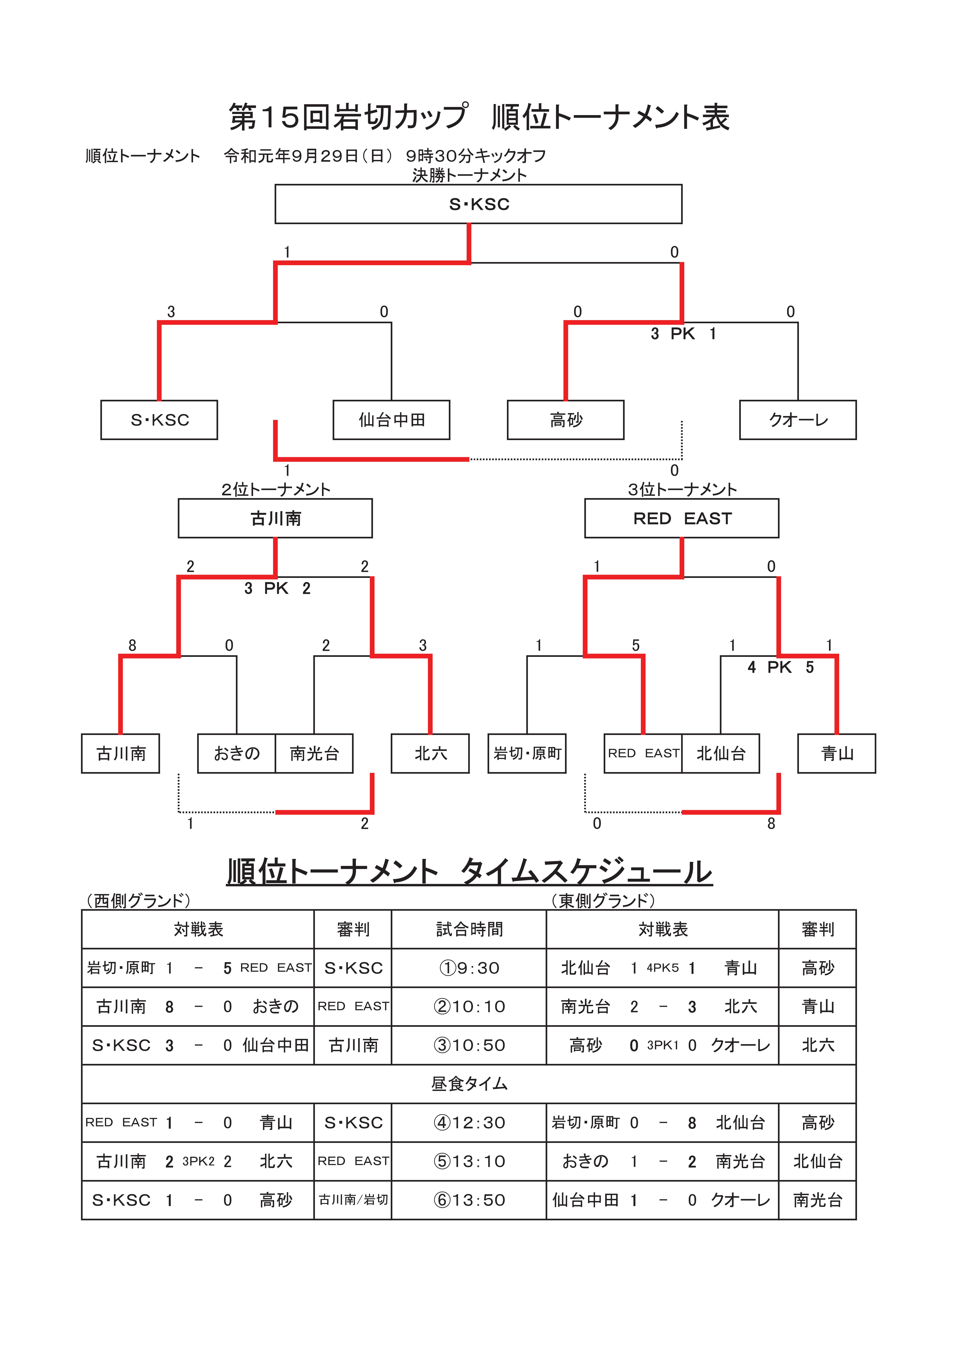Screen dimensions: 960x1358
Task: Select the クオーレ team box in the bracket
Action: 798,420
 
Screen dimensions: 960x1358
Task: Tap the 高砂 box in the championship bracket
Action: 566,420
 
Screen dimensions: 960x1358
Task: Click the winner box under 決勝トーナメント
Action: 478,204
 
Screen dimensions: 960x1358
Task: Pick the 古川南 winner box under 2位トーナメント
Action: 275,518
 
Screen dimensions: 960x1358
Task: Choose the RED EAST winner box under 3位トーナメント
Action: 682,518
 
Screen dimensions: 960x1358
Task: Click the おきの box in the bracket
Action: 237,754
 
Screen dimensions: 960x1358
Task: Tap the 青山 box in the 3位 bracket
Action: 837,754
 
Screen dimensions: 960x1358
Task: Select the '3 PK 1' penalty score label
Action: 684,334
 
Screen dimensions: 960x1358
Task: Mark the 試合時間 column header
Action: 469,929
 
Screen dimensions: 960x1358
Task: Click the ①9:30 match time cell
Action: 469,968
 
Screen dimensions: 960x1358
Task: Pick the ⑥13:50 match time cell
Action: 469,1200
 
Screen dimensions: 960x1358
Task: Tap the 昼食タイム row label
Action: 469,1084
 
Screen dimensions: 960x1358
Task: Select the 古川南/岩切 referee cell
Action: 353,1200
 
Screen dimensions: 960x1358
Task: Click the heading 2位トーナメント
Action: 276,489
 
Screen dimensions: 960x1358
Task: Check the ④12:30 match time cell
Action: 469,1123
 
